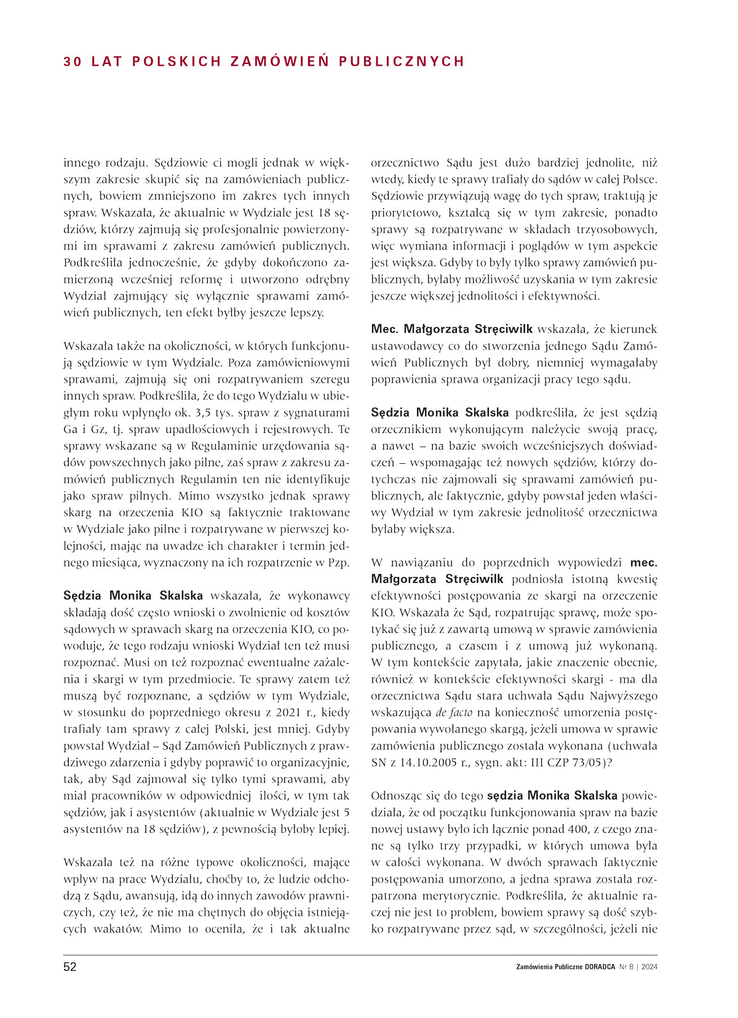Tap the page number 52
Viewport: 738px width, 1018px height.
(x=70, y=967)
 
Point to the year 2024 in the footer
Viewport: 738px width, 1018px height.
(x=648, y=967)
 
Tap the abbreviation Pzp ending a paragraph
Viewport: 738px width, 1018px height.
(x=338, y=562)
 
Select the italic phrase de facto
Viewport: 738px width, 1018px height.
(x=454, y=713)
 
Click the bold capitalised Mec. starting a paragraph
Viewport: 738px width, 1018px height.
(x=384, y=329)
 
